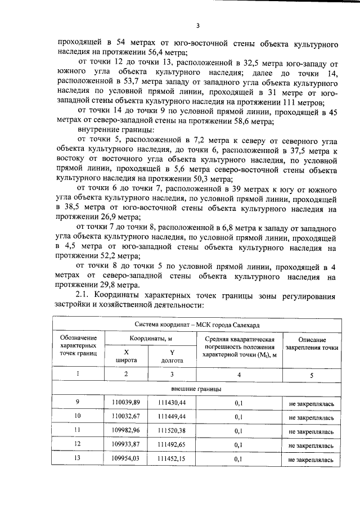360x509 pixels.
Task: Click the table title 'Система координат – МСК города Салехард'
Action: coord(197,325)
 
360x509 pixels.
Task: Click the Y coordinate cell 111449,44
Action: coord(172,417)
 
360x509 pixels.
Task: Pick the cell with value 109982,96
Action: coord(126,431)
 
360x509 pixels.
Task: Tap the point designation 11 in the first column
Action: coord(78,431)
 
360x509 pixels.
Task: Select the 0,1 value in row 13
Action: coord(238,459)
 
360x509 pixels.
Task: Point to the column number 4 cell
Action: coord(238,374)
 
